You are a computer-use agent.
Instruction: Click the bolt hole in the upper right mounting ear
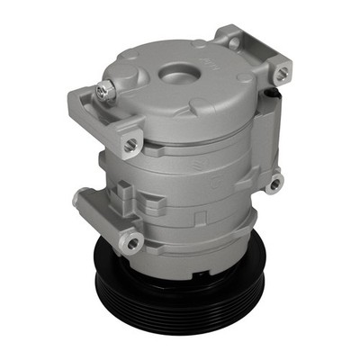(x=283, y=73)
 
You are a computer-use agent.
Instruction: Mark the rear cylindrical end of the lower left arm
(x=81, y=200)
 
